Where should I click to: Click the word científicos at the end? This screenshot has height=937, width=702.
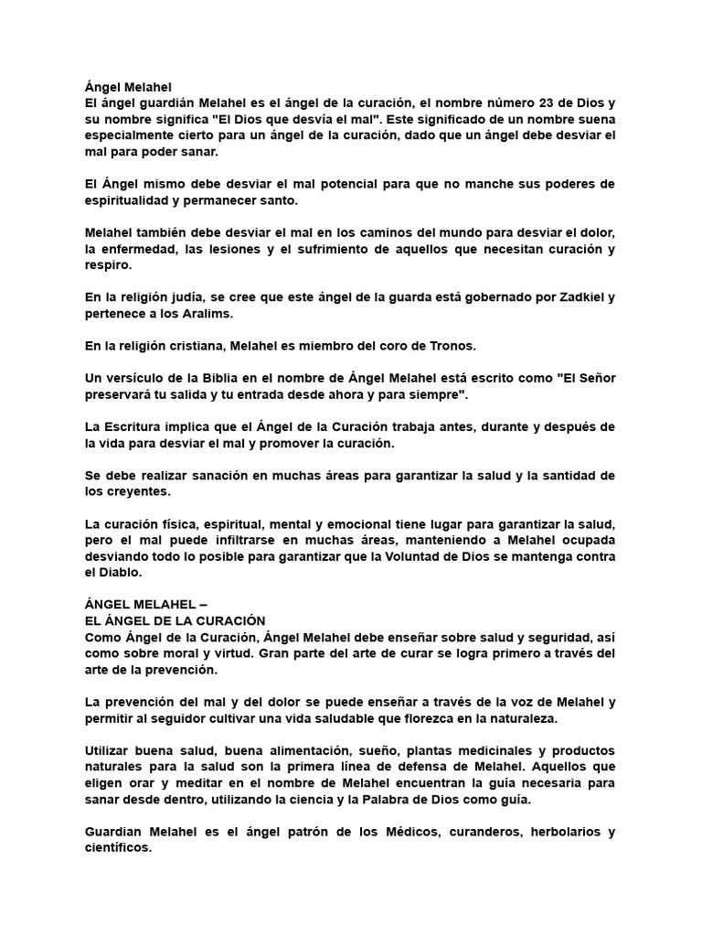click(117, 849)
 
